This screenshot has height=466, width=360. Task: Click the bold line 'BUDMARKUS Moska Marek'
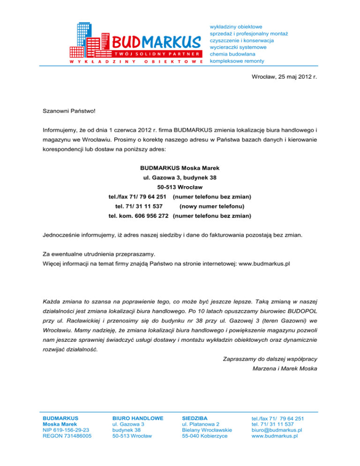pyautogui.click(x=180, y=168)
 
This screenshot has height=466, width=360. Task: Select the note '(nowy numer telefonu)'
pyautogui.click(x=213, y=206)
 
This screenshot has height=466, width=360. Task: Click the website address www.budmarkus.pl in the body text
pyautogui.click(x=264, y=263)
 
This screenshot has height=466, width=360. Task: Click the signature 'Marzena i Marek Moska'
pyautogui.click(x=285, y=368)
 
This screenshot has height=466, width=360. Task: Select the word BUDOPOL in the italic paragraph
pyautogui.click(x=300, y=312)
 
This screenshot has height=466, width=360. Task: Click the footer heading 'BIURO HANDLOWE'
pyautogui.click(x=138, y=418)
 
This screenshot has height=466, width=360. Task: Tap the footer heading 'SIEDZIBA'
pyautogui.click(x=194, y=418)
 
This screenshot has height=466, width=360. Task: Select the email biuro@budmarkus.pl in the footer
pyautogui.click(x=277, y=429)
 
